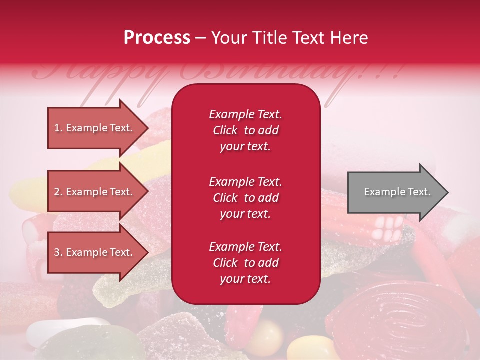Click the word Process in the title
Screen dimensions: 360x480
point(157,37)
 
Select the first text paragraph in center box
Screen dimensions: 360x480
point(245,130)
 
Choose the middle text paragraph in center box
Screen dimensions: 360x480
point(245,198)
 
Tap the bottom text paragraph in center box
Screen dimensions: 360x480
point(245,263)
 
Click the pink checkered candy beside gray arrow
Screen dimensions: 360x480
point(388,227)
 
